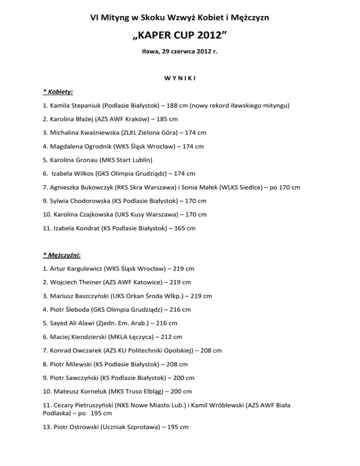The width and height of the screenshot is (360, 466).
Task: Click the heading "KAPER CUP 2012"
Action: (x=180, y=38)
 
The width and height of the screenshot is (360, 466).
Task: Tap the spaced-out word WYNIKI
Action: (x=180, y=78)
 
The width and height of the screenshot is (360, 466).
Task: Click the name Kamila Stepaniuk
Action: (x=73, y=106)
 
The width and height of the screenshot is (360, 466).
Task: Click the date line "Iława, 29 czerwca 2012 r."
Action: (x=180, y=54)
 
